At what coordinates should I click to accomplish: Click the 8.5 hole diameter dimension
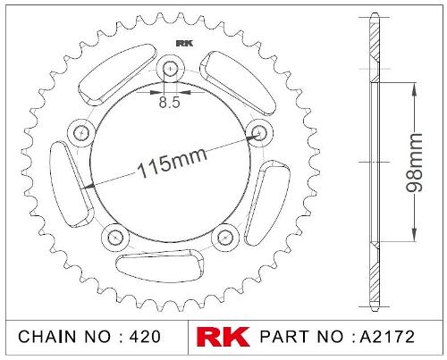coord(169,102)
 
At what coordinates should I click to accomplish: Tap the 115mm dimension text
coord(172,163)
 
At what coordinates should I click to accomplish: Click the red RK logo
coord(223,337)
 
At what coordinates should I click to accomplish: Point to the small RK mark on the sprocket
coord(185,44)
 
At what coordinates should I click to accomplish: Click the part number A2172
coord(387,337)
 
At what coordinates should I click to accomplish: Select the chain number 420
coord(145,337)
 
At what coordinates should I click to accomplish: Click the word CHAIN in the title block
coord(47,337)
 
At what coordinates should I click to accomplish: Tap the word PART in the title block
coord(284,337)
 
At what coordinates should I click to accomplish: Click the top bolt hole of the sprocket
coord(170,69)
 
